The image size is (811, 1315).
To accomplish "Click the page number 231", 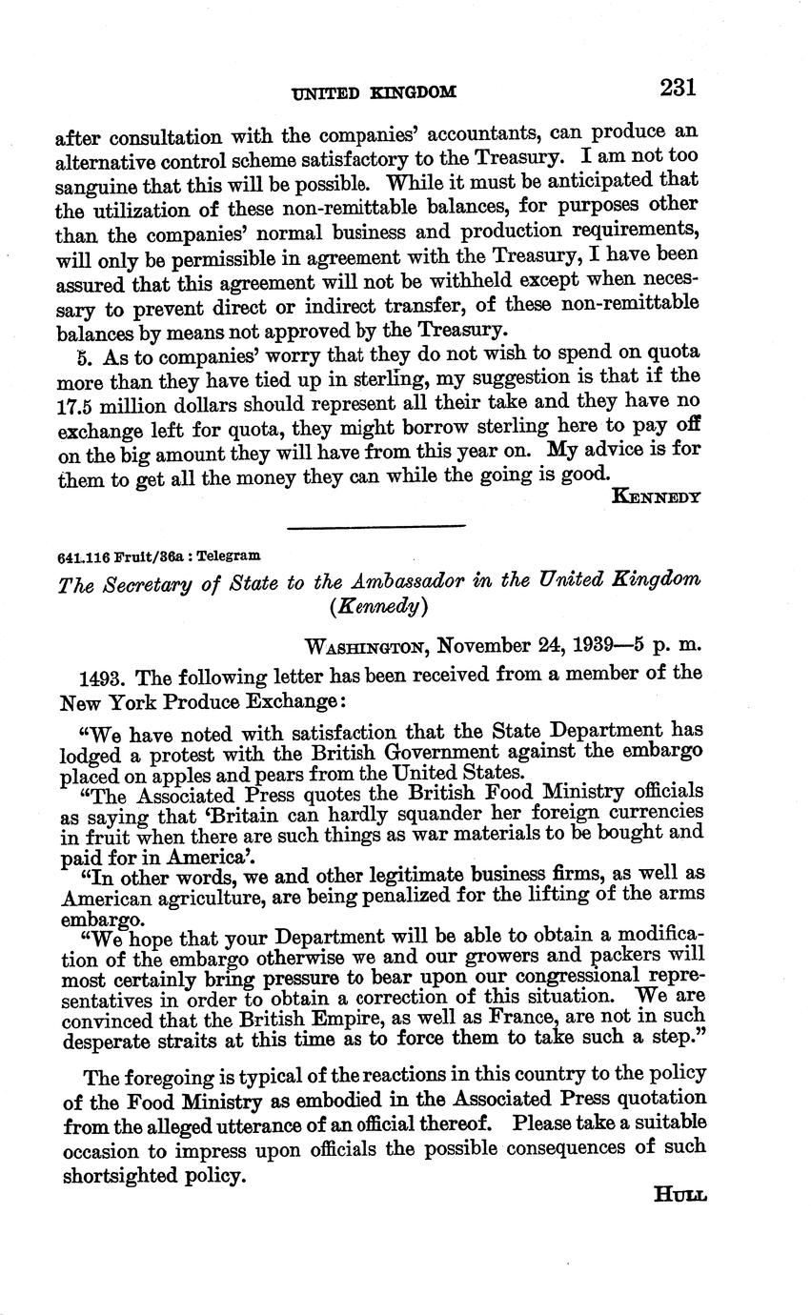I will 677,89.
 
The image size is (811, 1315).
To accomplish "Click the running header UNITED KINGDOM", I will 375,92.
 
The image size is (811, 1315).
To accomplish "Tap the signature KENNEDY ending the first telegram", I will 657,496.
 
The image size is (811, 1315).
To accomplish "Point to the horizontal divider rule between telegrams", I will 375,526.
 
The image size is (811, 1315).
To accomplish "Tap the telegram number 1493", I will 105,677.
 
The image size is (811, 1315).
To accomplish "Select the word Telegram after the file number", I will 228,556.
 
